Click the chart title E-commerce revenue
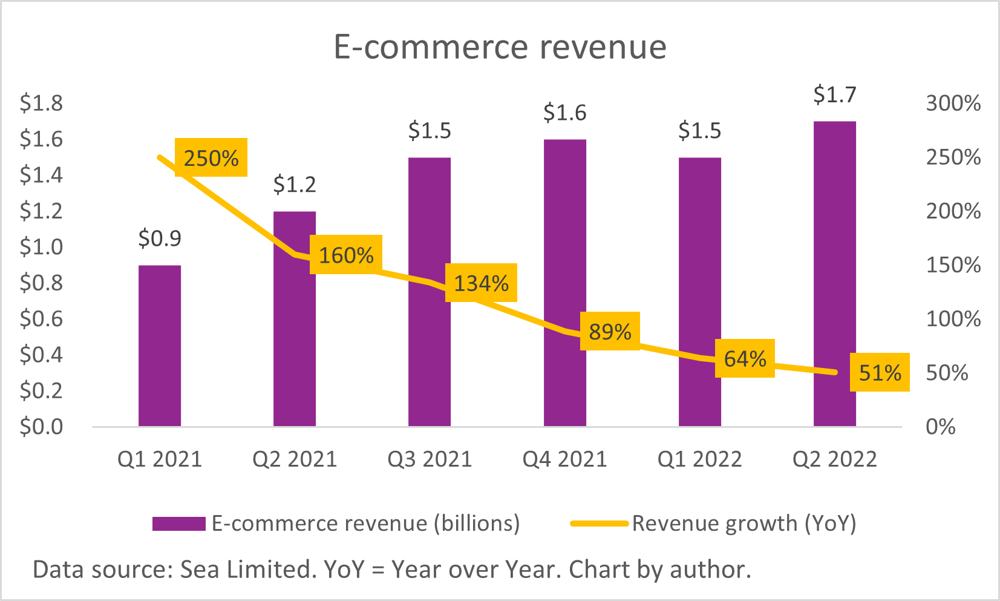coord(500,47)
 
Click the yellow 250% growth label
coord(211,158)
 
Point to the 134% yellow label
coord(482,283)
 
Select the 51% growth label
coord(880,372)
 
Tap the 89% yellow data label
coord(610,331)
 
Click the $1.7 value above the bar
coord(834,95)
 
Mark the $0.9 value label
coord(160,238)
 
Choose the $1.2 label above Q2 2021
coord(295,185)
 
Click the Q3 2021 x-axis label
coord(430,459)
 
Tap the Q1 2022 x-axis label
coord(699,459)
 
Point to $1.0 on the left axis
coord(41,247)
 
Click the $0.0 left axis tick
coord(41,427)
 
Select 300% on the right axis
coord(953,103)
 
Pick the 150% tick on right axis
coord(953,265)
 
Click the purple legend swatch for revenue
coord(178,524)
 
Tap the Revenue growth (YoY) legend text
coord(744,524)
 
